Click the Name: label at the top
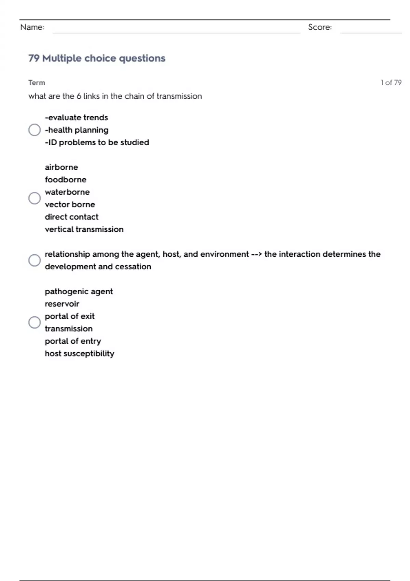(x=32, y=27)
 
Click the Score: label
(x=320, y=27)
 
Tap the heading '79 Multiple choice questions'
(x=97, y=58)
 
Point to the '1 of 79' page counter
(x=391, y=82)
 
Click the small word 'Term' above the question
(x=37, y=82)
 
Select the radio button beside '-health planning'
(x=35, y=130)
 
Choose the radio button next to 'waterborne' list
(x=35, y=198)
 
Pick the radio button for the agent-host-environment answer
(x=35, y=260)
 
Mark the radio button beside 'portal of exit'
(x=35, y=322)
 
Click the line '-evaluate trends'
(x=76, y=118)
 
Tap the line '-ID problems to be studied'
(x=97, y=142)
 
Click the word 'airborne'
(x=61, y=167)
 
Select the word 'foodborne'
(x=65, y=179)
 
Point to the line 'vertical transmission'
(x=84, y=229)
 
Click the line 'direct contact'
(x=71, y=217)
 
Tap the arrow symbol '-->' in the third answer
(x=256, y=254)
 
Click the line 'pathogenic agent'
(x=79, y=292)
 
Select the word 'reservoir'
(x=62, y=304)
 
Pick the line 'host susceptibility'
(x=79, y=353)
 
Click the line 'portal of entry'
(x=73, y=341)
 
